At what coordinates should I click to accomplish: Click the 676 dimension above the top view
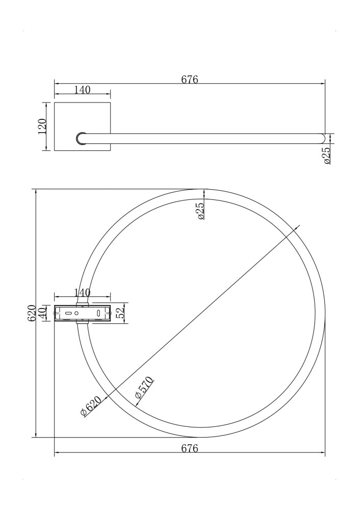189,80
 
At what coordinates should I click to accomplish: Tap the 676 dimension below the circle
189,448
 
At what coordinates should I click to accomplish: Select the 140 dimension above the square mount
82,90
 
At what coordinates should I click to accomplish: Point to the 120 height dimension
43,126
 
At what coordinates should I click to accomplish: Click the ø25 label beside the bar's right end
327,155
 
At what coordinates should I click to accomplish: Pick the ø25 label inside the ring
200,211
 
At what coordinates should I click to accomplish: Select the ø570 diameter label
144,388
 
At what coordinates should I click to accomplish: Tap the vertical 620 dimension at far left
32,313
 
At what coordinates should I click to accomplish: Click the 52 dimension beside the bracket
120,313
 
